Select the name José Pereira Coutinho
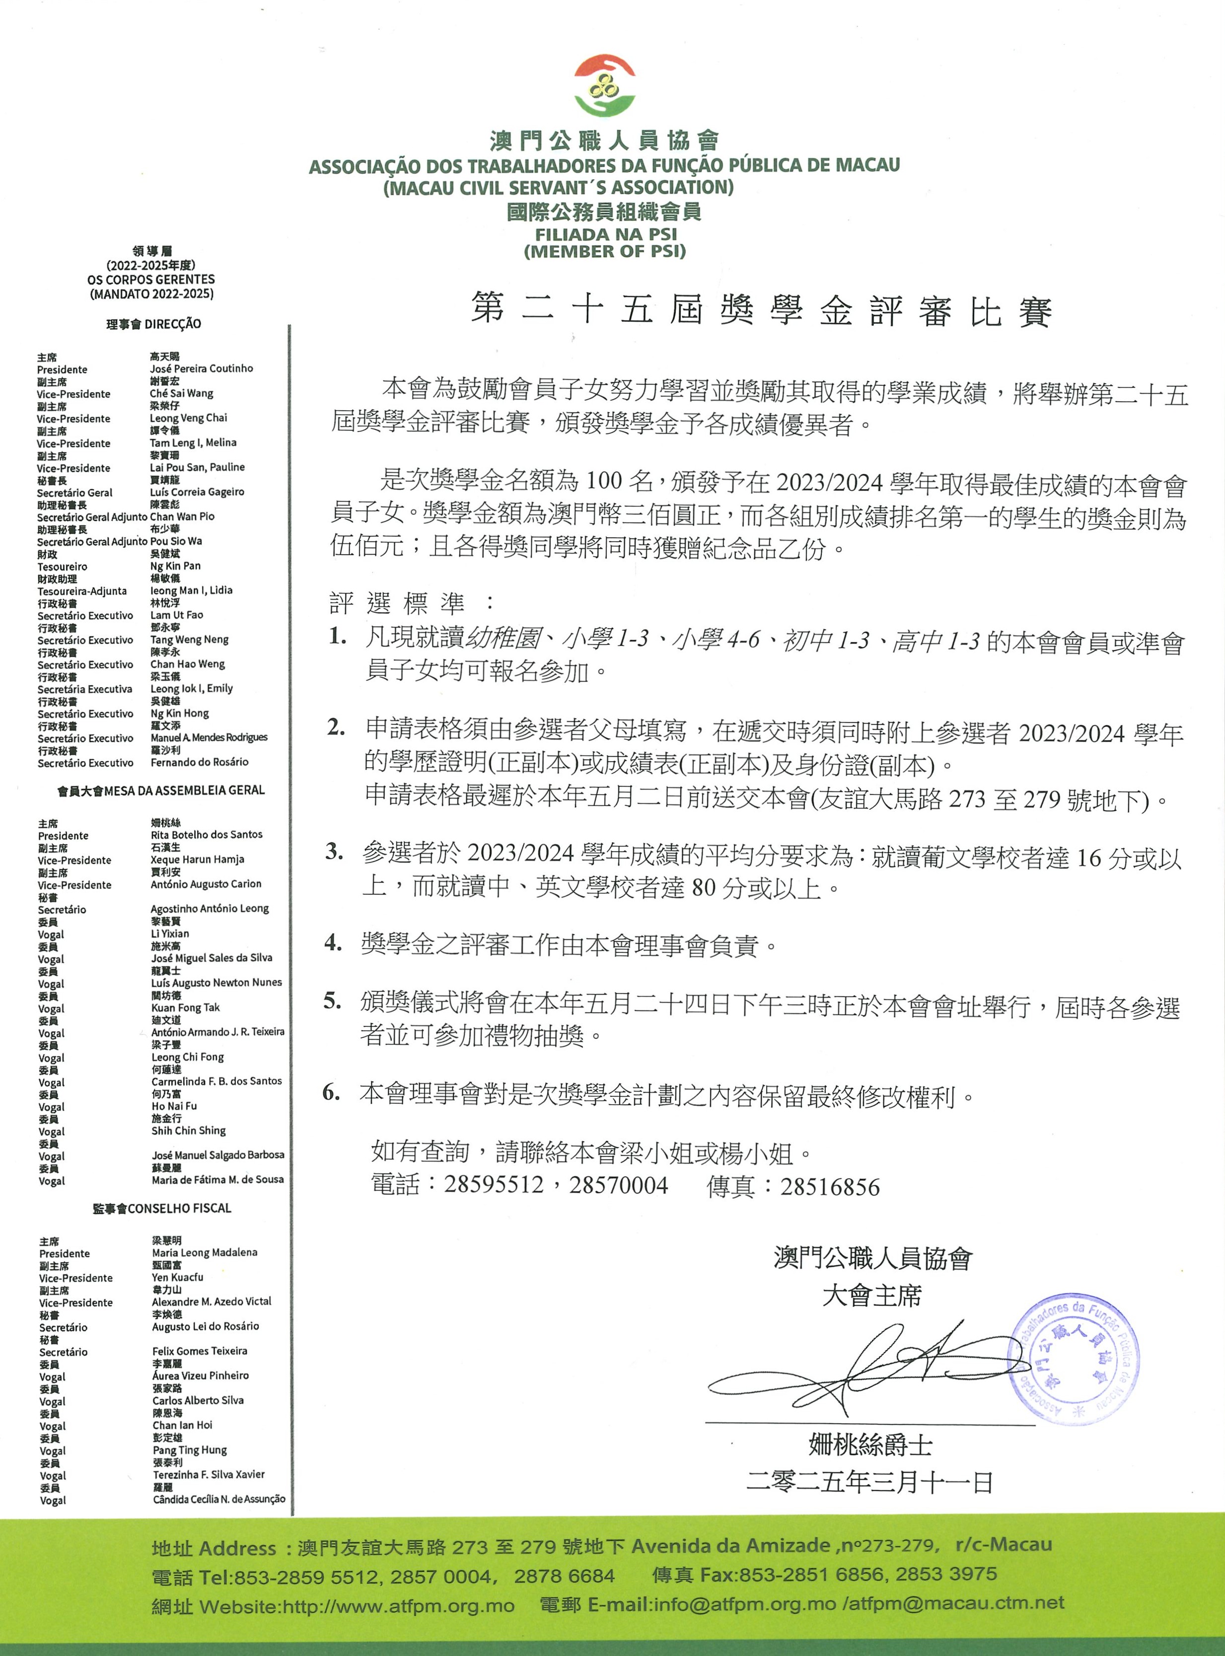[201, 368]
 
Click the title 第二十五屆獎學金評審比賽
[762, 310]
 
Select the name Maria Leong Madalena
[205, 1253]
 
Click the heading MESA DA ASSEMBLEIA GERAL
[184, 791]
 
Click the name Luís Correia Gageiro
[197, 492]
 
